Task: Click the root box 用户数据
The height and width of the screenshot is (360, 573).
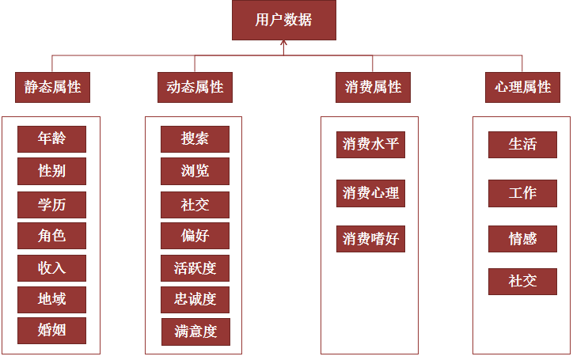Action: click(283, 21)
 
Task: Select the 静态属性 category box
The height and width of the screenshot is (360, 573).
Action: click(52, 87)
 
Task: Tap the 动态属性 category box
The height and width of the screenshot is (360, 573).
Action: click(195, 87)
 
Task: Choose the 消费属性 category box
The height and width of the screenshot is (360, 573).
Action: click(374, 87)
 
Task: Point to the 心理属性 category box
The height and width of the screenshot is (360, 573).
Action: click(522, 87)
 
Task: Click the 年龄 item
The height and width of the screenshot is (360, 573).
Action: click(52, 138)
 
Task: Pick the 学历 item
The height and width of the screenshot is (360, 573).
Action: click(52, 204)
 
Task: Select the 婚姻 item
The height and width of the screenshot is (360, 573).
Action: click(52, 330)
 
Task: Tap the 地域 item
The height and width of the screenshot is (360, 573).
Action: click(52, 299)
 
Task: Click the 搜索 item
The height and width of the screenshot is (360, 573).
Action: click(195, 138)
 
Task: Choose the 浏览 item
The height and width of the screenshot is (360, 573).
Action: click(195, 171)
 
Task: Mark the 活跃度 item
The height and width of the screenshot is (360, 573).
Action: click(195, 267)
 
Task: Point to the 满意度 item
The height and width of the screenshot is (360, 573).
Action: click(195, 332)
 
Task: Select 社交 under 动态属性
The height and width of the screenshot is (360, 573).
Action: click(195, 204)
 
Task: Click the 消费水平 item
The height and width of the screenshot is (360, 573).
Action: click(370, 145)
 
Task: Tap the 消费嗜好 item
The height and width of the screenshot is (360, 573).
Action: click(370, 239)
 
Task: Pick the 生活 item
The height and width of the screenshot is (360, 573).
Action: click(522, 145)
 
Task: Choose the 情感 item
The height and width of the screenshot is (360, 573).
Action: click(522, 239)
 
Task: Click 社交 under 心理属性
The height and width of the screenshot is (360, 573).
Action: click(522, 281)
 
